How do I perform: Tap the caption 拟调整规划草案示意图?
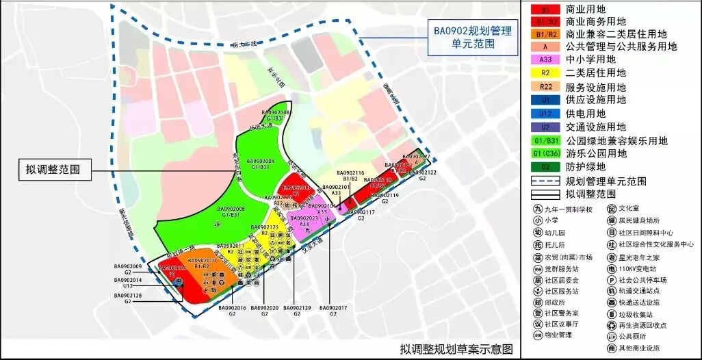pos(456,349)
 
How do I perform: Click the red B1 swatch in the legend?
pos(545,10)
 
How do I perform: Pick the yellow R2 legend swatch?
pos(545,73)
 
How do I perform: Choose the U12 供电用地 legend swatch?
pos(545,114)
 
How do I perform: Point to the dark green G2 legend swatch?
pos(545,166)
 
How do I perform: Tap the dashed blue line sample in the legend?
pos(545,181)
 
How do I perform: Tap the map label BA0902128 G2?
pos(128,298)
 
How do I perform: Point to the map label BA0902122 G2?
pos(422,175)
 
